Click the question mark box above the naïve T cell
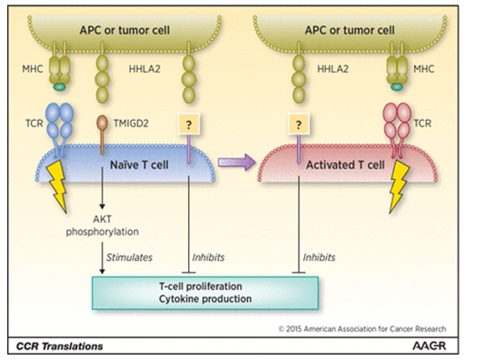pos(189,123)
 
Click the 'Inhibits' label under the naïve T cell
pos(209,257)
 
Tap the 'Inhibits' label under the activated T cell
pos(319,257)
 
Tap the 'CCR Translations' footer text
pos(60,346)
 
